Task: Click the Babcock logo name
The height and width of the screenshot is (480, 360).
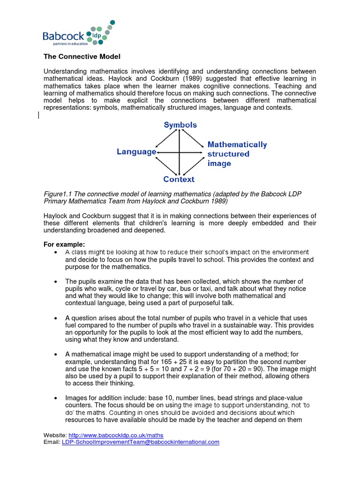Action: point(63,36)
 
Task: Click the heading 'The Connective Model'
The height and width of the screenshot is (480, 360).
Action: point(82,57)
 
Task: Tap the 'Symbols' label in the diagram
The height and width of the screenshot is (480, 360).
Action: point(180,125)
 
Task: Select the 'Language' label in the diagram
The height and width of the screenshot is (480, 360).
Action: point(136,152)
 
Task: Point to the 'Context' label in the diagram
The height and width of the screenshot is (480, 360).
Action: point(179,180)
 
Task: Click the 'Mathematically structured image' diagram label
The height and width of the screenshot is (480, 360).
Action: point(237,154)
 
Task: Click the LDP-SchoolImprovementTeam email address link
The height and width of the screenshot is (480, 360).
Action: point(141,442)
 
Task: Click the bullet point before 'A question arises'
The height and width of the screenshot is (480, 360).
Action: point(56,318)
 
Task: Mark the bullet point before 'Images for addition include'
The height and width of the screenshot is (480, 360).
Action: point(56,398)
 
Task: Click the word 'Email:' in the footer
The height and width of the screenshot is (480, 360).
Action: point(52,442)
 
